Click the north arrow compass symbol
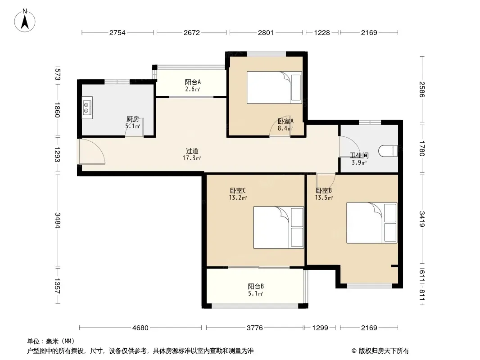click(25, 21)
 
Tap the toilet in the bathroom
click(388, 151)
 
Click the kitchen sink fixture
click(87, 108)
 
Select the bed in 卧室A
click(274, 87)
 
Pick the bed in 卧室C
click(278, 227)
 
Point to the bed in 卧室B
click(371, 223)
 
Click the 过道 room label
click(192, 151)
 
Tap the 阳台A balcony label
click(193, 82)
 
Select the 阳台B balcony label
click(256, 286)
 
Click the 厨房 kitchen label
click(132, 119)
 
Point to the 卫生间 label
click(359, 155)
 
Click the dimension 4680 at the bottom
click(140, 328)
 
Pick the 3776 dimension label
click(255, 328)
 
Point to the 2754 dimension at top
click(117, 32)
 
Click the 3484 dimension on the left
click(57, 220)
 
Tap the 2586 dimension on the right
click(422, 89)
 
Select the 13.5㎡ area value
click(324, 198)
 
